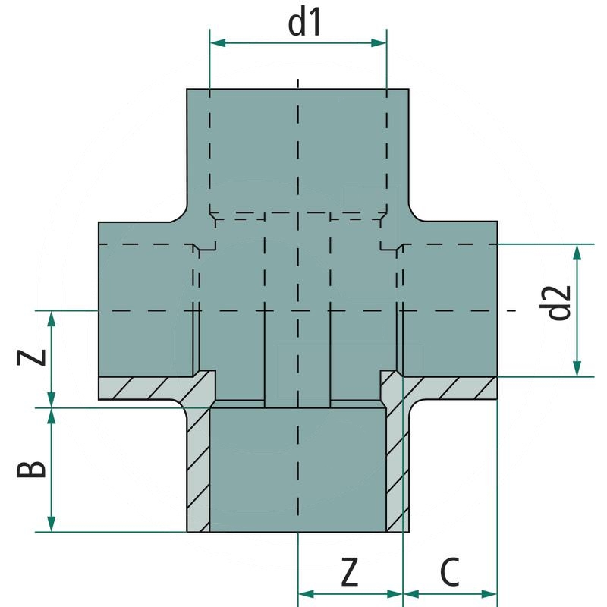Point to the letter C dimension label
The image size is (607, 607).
tap(450, 572)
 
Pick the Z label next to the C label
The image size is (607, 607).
tap(348, 572)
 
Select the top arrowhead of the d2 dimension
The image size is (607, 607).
tap(578, 251)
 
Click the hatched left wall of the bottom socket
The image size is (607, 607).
tap(198, 470)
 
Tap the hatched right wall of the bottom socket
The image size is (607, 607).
tap(397, 470)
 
